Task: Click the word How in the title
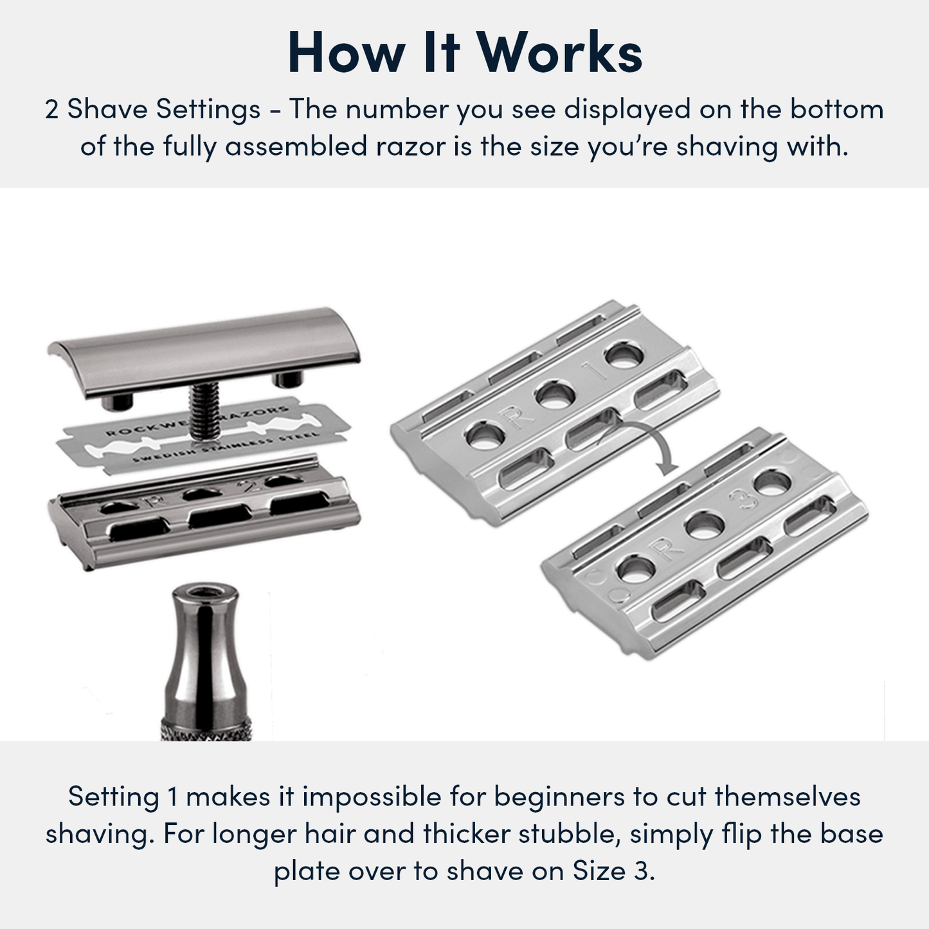[345, 53]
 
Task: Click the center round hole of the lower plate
[704, 526]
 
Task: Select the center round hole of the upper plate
[555, 395]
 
